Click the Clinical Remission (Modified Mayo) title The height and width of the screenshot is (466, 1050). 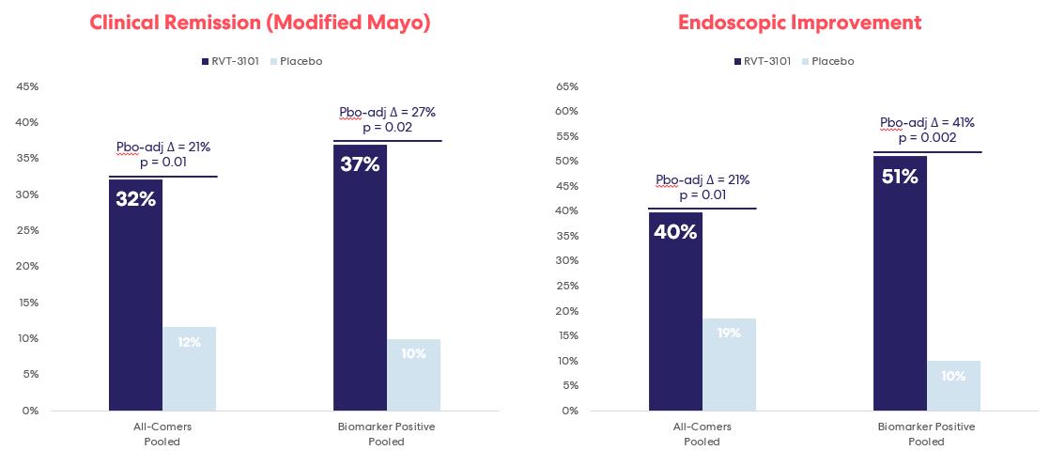pyautogui.click(x=260, y=23)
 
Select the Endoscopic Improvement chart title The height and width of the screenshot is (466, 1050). pyautogui.click(x=799, y=23)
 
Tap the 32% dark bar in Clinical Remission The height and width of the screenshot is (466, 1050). pyautogui.click(x=135, y=301)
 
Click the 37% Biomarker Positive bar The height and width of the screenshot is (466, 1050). pyautogui.click(x=360, y=282)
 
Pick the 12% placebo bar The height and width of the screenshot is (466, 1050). pyautogui.click(x=189, y=371)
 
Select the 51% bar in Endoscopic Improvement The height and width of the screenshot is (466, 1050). pyautogui.click(x=900, y=287)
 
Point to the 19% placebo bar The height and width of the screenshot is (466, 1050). pyautogui.click(x=729, y=366)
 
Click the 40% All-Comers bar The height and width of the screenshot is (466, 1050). pyautogui.click(x=675, y=315)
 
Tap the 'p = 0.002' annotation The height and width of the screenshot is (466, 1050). pyautogui.click(x=927, y=138)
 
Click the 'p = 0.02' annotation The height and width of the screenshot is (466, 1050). pyautogui.click(x=387, y=128)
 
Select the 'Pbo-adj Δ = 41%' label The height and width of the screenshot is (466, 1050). pyautogui.click(x=927, y=122)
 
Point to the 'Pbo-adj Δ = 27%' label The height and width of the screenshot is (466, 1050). pyautogui.click(x=387, y=112)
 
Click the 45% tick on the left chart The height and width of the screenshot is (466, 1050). pyautogui.click(x=27, y=86)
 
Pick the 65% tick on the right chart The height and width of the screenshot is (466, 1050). pyautogui.click(x=566, y=86)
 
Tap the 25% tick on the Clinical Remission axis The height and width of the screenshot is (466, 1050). pyautogui.click(x=27, y=230)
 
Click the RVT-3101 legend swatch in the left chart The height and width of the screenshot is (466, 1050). pyautogui.click(x=205, y=61)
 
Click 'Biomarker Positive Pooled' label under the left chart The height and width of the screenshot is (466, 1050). pyautogui.click(x=386, y=434)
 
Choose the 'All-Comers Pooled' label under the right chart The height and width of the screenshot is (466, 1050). pyautogui.click(x=702, y=434)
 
